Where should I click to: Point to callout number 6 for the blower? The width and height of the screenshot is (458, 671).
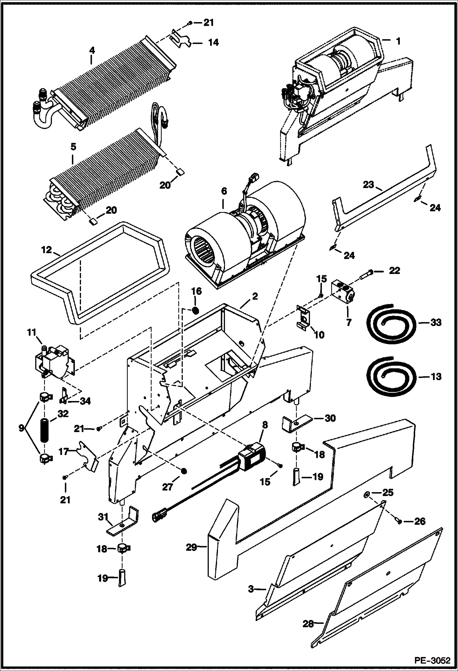point(224,191)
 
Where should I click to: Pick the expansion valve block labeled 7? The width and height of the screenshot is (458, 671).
point(343,292)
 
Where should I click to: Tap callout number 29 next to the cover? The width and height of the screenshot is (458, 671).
point(191,547)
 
